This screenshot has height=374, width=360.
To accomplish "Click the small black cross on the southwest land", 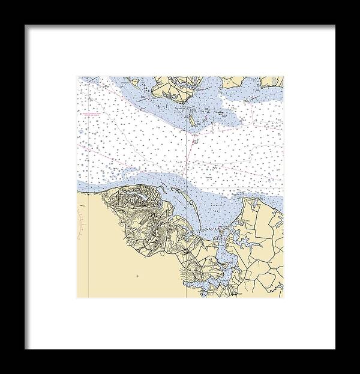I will click(137, 276).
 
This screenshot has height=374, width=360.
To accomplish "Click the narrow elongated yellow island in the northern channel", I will click(192, 120).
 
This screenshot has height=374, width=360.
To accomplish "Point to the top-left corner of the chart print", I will click(77, 76).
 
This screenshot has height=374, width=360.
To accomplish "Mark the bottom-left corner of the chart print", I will click(77, 298).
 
